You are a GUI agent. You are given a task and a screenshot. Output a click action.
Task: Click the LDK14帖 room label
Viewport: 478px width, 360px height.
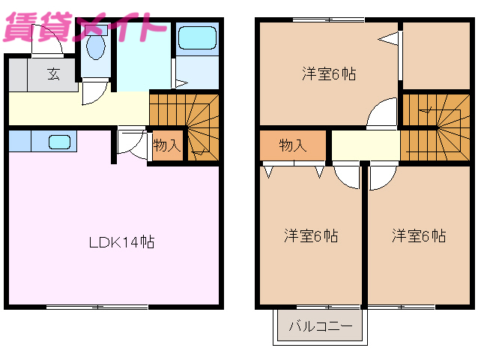[x=122, y=242]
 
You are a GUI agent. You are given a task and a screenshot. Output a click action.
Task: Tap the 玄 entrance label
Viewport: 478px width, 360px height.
[x=54, y=73]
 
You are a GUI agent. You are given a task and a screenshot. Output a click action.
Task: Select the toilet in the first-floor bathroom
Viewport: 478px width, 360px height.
[x=95, y=49]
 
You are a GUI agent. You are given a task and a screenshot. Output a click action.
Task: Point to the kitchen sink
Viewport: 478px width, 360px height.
[x=59, y=141]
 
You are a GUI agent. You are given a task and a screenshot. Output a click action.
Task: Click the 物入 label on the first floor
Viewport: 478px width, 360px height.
[x=166, y=145]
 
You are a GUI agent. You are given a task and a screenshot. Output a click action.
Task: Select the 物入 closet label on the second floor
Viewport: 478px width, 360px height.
[x=293, y=145]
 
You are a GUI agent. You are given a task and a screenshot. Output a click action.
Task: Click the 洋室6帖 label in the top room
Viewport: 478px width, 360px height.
[x=328, y=73]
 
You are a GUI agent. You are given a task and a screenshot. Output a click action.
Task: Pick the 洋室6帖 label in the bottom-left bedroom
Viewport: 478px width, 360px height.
[x=310, y=235]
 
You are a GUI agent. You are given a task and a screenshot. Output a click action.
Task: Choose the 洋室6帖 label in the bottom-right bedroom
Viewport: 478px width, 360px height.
[x=419, y=235]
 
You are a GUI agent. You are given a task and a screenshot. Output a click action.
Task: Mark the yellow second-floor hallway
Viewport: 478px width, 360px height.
[x=365, y=145]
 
